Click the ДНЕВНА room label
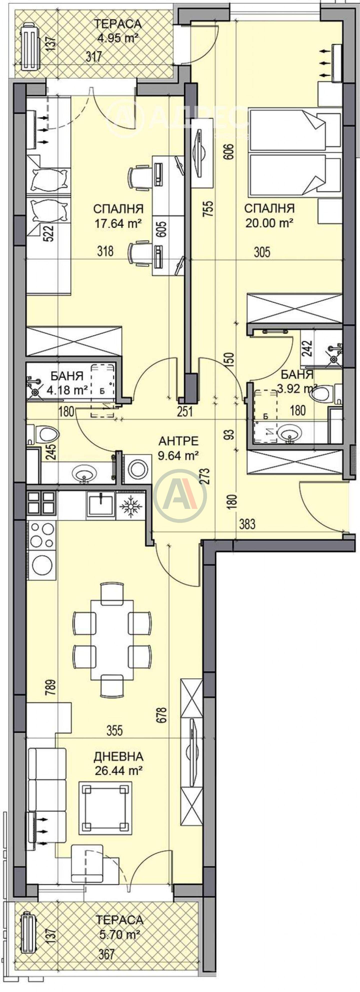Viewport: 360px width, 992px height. pos(118,756)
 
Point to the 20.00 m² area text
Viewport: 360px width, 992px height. pos(269,223)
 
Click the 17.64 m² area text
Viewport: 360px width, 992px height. pos(118,223)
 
